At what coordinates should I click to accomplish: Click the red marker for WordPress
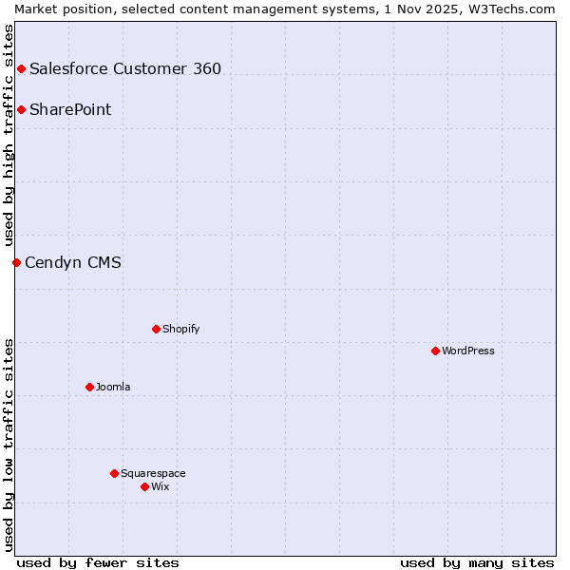tap(435, 351)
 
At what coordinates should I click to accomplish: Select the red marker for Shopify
tap(156, 329)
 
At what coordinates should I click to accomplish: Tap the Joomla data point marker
tap(89, 387)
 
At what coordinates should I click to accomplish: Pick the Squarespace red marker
tap(114, 473)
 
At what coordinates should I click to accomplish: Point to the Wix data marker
tap(144, 486)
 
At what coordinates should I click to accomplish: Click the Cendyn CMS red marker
tap(16, 262)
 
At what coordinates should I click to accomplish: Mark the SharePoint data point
tap(21, 109)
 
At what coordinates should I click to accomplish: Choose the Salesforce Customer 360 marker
tap(21, 68)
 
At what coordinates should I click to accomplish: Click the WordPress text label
tap(468, 351)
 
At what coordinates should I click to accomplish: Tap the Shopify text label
tap(181, 329)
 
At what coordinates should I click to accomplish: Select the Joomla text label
tap(113, 387)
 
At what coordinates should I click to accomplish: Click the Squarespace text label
tap(153, 473)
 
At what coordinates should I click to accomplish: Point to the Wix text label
tap(161, 486)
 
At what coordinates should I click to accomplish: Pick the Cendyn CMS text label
tap(73, 262)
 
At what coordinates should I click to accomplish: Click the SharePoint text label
tap(70, 109)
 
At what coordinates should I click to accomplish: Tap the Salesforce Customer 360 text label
tap(125, 68)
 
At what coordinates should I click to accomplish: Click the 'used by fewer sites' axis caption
tap(98, 562)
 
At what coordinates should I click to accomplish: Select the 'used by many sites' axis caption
tap(477, 562)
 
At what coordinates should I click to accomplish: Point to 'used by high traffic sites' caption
tap(9, 135)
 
